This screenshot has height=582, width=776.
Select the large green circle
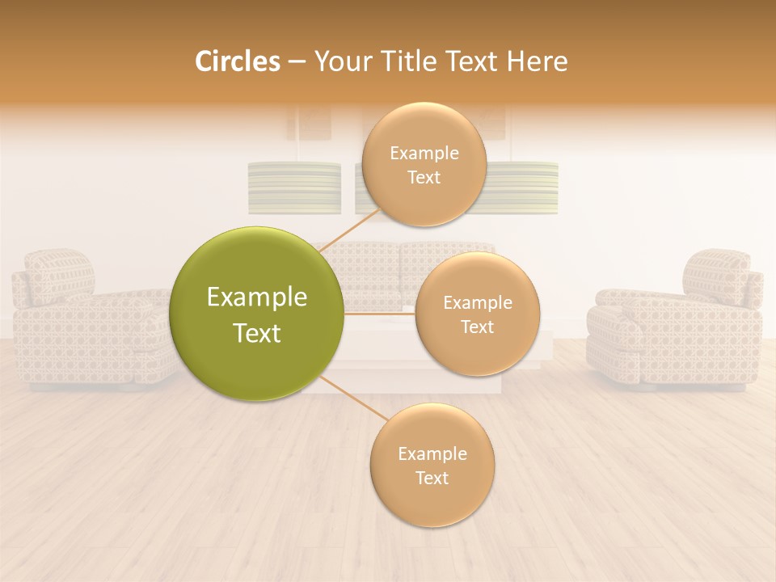tap(257, 314)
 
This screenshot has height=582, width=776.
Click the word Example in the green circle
tap(257, 297)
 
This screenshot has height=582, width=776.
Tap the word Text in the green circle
tap(257, 333)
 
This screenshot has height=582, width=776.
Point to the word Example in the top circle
tap(424, 154)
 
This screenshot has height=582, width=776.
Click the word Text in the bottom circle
tap(432, 478)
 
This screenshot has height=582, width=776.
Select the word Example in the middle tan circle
tap(477, 303)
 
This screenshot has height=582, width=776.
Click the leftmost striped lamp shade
tap(294, 188)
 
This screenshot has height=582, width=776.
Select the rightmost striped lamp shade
tap(524, 188)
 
